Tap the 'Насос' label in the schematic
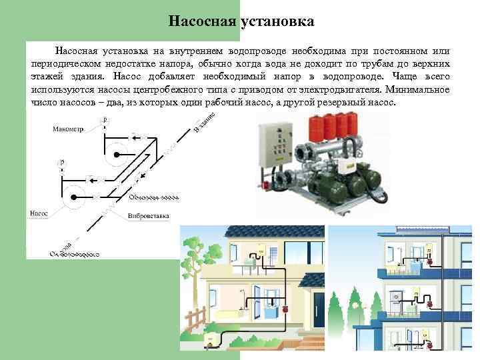[x=39, y=214]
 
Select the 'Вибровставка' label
[x=149, y=216]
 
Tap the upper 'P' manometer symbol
[x=105, y=119]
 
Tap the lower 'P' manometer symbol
[x=62, y=162]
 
